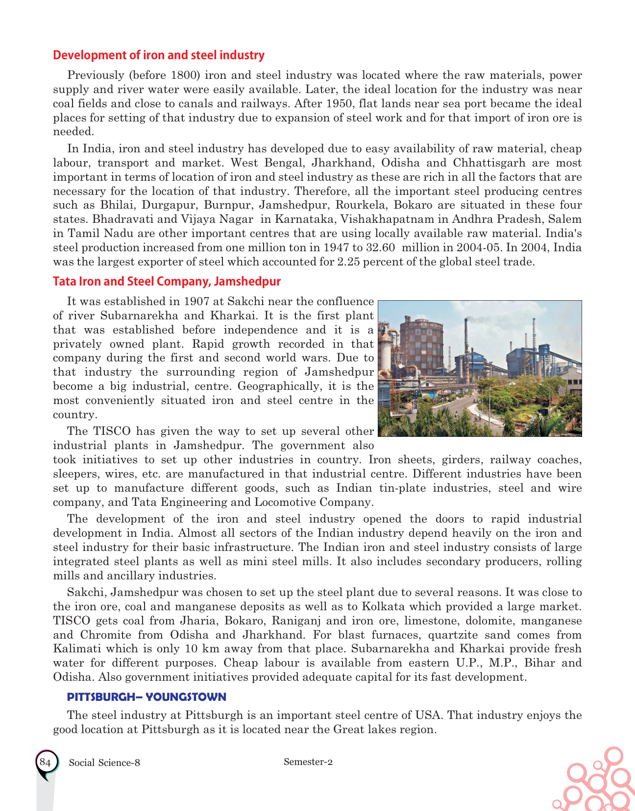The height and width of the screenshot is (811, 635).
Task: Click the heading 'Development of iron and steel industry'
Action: (x=158, y=55)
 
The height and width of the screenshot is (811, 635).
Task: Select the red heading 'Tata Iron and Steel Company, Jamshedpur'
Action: (x=167, y=282)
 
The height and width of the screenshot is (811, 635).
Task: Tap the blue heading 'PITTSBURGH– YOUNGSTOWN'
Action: (x=147, y=697)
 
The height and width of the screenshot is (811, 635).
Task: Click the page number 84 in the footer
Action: (x=45, y=763)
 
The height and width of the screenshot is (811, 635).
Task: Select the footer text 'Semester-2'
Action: (x=308, y=762)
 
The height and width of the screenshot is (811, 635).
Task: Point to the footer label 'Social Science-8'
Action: (x=105, y=763)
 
